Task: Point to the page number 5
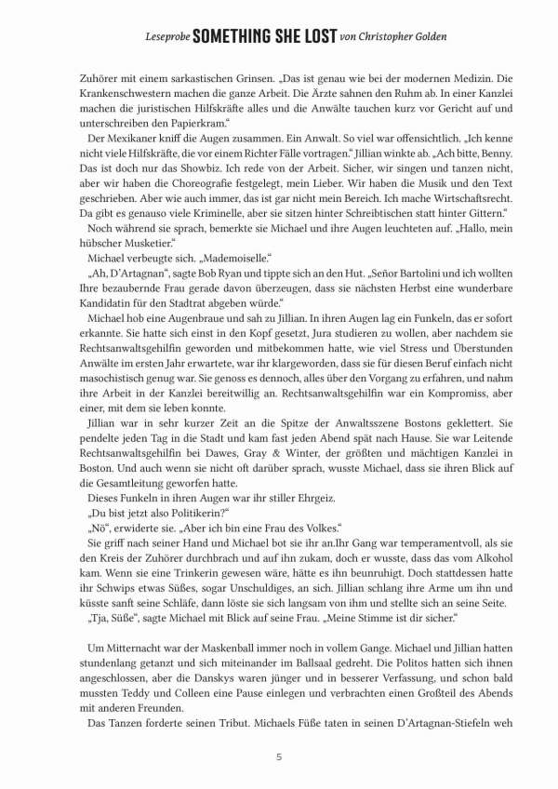pos(279,756)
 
